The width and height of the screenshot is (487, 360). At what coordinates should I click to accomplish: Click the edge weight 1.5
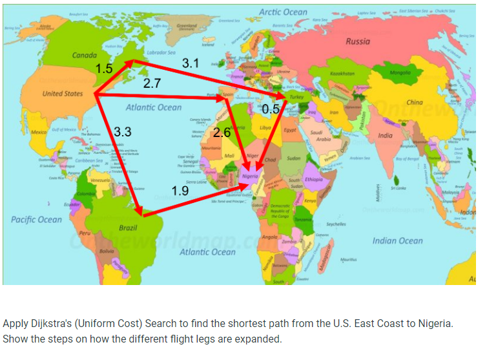(104, 69)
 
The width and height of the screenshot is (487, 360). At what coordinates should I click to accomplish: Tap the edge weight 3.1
(191, 63)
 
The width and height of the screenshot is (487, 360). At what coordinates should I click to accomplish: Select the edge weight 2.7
(152, 83)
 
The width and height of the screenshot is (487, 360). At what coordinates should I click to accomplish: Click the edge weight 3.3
(122, 132)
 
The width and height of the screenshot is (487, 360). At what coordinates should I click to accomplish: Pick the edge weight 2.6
(222, 132)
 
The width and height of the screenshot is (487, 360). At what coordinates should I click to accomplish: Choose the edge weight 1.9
(180, 191)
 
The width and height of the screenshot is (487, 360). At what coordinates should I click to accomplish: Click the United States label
(63, 94)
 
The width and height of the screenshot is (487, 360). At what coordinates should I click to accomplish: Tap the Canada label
(84, 56)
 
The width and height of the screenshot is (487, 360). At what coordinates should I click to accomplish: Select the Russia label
(358, 41)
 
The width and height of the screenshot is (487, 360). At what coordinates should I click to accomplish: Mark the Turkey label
(296, 96)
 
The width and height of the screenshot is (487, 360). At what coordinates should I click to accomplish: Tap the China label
(414, 102)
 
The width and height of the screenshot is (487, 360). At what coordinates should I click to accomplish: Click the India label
(385, 136)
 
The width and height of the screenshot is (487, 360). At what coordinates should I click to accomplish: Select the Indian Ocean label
(397, 240)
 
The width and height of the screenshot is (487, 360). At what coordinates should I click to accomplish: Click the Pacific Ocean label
(36, 220)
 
